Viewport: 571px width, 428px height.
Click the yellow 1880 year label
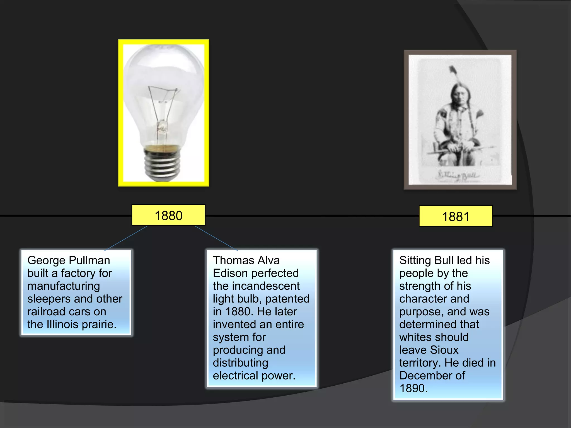tap(168, 215)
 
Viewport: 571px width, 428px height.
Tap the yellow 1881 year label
tap(456, 216)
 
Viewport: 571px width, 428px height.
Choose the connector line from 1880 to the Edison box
tap(216, 238)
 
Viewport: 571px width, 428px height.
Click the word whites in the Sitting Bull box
tap(417, 337)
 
